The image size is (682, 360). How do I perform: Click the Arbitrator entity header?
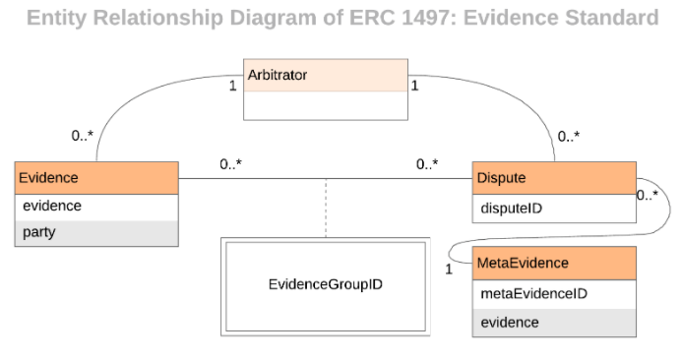point(325,75)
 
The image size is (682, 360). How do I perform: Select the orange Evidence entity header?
point(96,177)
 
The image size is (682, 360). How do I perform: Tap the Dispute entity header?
point(554,178)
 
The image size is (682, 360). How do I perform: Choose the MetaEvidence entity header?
point(554,264)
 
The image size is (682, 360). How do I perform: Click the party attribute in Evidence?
point(96,233)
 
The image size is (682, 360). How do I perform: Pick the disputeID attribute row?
point(554,208)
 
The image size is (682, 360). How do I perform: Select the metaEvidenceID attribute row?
point(554,293)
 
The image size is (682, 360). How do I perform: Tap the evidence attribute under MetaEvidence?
point(554,322)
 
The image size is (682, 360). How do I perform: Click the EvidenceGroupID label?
point(325,284)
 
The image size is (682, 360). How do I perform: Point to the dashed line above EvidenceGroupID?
point(325,208)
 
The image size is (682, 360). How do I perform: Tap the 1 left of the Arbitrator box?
point(233,86)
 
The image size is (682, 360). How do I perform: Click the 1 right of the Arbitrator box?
point(414,86)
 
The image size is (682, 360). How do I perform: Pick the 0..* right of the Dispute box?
point(647,195)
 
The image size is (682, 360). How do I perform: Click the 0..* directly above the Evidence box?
point(83,137)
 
